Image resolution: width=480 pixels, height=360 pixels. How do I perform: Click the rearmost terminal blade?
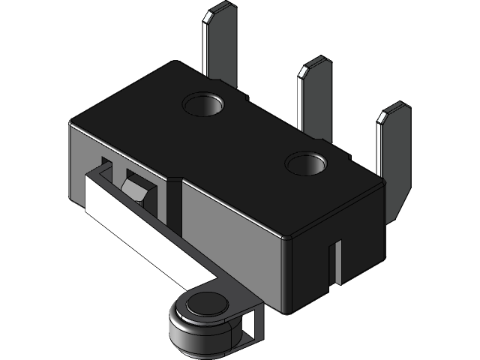click(x=220, y=45)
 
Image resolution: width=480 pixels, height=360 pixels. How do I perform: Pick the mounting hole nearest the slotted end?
click(x=306, y=163)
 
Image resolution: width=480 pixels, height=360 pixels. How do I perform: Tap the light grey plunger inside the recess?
click(x=139, y=191)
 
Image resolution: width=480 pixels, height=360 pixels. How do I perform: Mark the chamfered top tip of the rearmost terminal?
click(x=220, y=10)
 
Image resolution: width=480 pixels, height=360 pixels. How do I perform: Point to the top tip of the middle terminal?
click(x=315, y=65)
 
